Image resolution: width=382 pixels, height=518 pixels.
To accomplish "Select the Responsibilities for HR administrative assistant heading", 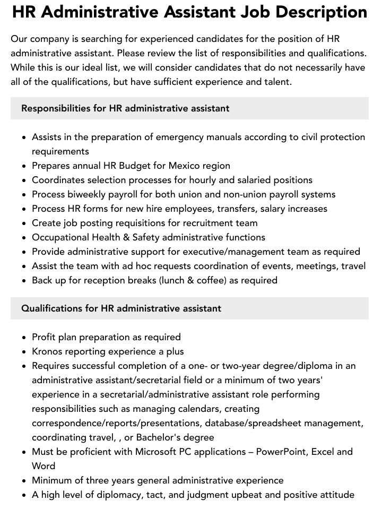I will [x=125, y=108].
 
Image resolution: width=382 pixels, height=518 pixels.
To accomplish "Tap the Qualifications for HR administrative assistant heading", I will [x=121, y=308].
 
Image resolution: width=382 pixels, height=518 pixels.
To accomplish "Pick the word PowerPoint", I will [x=281, y=452].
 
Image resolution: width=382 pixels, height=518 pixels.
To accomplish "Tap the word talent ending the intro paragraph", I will [x=276, y=82].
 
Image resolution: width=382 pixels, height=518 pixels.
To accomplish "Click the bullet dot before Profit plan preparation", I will [x=24, y=338].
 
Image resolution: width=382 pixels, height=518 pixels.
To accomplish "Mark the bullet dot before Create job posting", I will [x=24, y=223].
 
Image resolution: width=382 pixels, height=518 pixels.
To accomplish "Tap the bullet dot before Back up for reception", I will [x=24, y=281].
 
